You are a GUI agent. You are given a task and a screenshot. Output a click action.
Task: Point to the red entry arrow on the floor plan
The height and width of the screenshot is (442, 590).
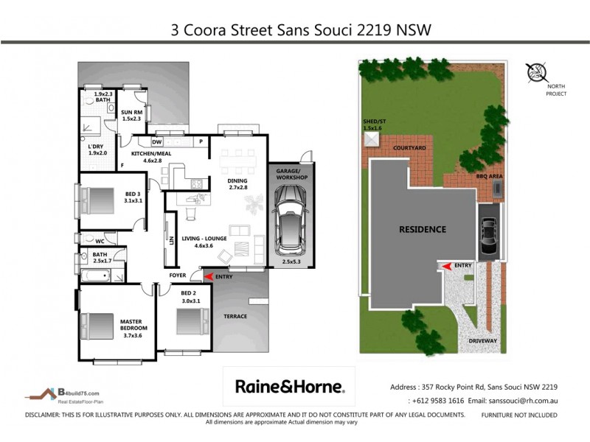click(209, 276)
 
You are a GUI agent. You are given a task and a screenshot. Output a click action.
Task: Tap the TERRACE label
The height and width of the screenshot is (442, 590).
click(235, 317)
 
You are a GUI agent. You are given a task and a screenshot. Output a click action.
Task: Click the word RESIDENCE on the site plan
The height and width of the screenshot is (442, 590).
click(423, 229)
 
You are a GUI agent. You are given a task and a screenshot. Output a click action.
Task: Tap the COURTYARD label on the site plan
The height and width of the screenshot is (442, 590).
click(409, 148)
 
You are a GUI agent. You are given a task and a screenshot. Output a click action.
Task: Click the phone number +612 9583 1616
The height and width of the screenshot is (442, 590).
click(435, 401)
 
